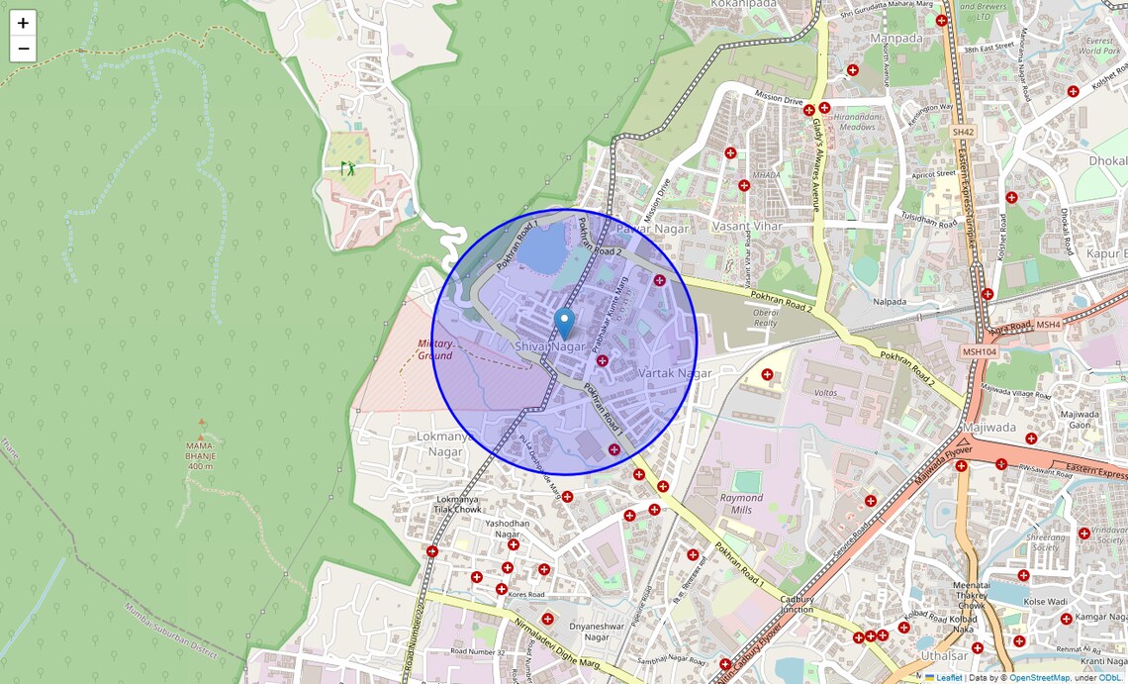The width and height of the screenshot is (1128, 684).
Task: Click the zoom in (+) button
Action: (23, 23)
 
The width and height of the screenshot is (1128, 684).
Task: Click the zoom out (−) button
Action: (23, 49)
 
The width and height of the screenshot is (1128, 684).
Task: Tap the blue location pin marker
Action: (564, 324)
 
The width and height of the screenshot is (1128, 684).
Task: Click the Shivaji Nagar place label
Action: (550, 346)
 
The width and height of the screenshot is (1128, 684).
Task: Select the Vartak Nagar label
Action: (675, 373)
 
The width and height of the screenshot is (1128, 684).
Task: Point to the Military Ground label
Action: (434, 349)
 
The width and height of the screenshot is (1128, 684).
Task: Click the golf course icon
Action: (347, 168)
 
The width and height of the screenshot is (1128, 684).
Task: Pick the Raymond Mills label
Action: (741, 504)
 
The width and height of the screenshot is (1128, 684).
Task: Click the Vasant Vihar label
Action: (747, 226)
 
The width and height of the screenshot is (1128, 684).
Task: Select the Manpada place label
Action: (895, 39)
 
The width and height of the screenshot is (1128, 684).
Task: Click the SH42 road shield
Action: (963, 132)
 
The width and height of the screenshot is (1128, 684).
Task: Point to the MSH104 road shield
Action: (979, 351)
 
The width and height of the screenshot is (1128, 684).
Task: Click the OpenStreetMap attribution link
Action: (1039, 678)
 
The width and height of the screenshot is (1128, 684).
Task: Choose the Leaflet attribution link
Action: (948, 678)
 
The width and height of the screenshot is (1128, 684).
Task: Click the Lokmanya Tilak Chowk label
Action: (458, 505)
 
